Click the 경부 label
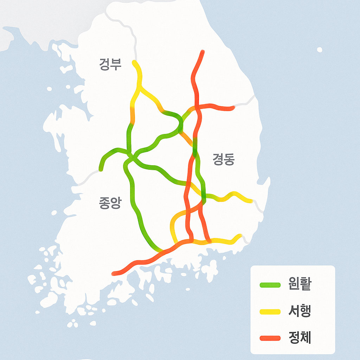click(110, 65)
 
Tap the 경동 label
click(223, 160)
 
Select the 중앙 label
click(110, 203)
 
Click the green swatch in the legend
click(270, 285)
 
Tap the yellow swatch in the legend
click(270, 311)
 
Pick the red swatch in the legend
click(270, 338)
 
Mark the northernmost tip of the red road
click(202, 52)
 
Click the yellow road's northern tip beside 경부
click(134, 62)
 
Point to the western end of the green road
click(101, 169)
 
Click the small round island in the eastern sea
click(320, 50)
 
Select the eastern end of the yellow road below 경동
click(251, 201)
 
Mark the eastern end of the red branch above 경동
click(232, 108)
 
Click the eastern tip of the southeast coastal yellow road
click(240, 236)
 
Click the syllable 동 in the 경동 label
click(229, 160)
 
